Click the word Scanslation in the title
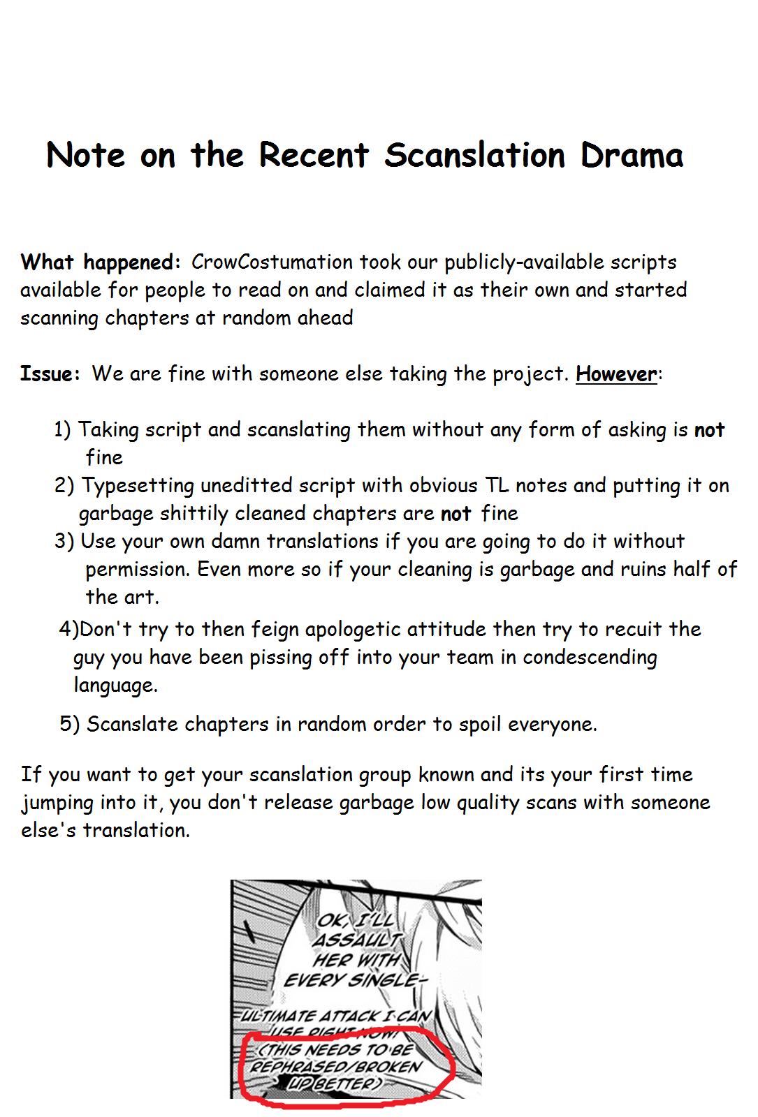click(x=474, y=155)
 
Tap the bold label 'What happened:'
click(x=101, y=262)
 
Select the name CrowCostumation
click(x=272, y=262)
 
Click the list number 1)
click(x=62, y=430)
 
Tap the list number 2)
click(x=64, y=486)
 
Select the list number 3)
click(x=64, y=542)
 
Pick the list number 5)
click(x=69, y=724)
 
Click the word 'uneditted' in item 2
click(x=246, y=486)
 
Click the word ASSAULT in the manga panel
click(x=356, y=940)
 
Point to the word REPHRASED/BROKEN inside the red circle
click(x=336, y=1067)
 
